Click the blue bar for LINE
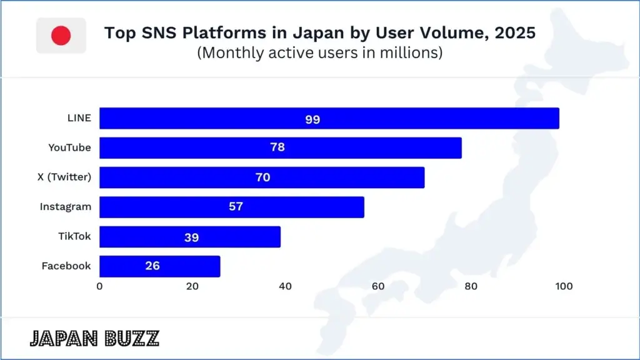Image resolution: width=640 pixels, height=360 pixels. pos(329,119)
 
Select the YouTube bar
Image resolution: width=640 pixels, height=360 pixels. pos(280,148)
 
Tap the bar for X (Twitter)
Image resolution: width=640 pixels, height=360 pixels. pos(262,177)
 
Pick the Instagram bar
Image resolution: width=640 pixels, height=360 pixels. pos(231,207)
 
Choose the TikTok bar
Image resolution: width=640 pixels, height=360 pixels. pos(190,237)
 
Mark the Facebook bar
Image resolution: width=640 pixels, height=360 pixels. pos(159,266)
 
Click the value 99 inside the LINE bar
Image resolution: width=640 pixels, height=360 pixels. pos(312,119)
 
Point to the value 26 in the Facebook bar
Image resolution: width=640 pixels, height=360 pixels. pos(152,266)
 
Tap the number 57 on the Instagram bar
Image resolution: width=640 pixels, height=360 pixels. pos(236,207)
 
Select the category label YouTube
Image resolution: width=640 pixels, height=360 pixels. pos(69,148)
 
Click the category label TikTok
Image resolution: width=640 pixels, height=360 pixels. pos(74,236)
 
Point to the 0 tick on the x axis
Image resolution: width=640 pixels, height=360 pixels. pos(99,287)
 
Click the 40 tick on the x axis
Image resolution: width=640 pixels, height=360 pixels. pos(285,287)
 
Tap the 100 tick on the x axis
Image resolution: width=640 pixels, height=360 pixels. pos(563,287)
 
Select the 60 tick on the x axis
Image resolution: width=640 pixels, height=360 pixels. pos(377,287)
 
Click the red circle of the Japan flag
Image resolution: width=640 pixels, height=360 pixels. pos(61,36)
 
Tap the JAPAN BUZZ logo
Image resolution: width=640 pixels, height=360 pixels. pos(94,338)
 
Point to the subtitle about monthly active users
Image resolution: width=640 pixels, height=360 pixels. pos(320,53)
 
